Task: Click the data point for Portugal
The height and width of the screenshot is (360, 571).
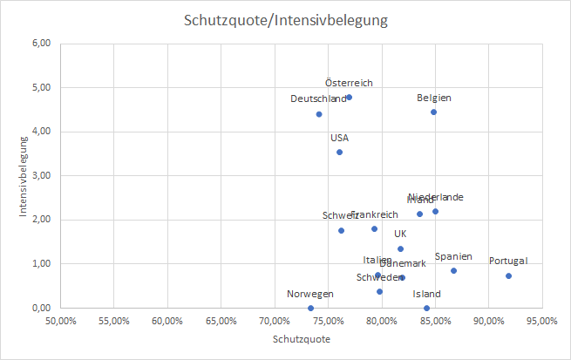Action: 508,276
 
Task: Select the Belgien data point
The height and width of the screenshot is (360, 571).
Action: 433,112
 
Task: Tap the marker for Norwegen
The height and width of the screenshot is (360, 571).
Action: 310,308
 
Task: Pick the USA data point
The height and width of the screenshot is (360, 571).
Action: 339,152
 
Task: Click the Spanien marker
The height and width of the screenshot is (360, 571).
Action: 453,270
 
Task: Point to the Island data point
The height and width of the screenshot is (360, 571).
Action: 426,308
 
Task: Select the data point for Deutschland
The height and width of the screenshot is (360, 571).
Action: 319,114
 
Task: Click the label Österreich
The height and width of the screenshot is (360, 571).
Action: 349,83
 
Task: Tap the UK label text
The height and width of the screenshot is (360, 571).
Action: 400,234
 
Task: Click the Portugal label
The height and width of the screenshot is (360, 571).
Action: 508,261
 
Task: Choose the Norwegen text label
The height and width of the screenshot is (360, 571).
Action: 310,294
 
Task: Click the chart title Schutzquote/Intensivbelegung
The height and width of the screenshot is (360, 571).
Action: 285,19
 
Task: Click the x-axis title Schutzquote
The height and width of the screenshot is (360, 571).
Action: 302,338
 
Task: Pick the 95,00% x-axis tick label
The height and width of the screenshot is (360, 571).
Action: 541,321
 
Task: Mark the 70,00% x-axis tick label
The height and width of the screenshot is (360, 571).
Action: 274,321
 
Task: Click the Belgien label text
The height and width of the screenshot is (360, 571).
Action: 433,98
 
